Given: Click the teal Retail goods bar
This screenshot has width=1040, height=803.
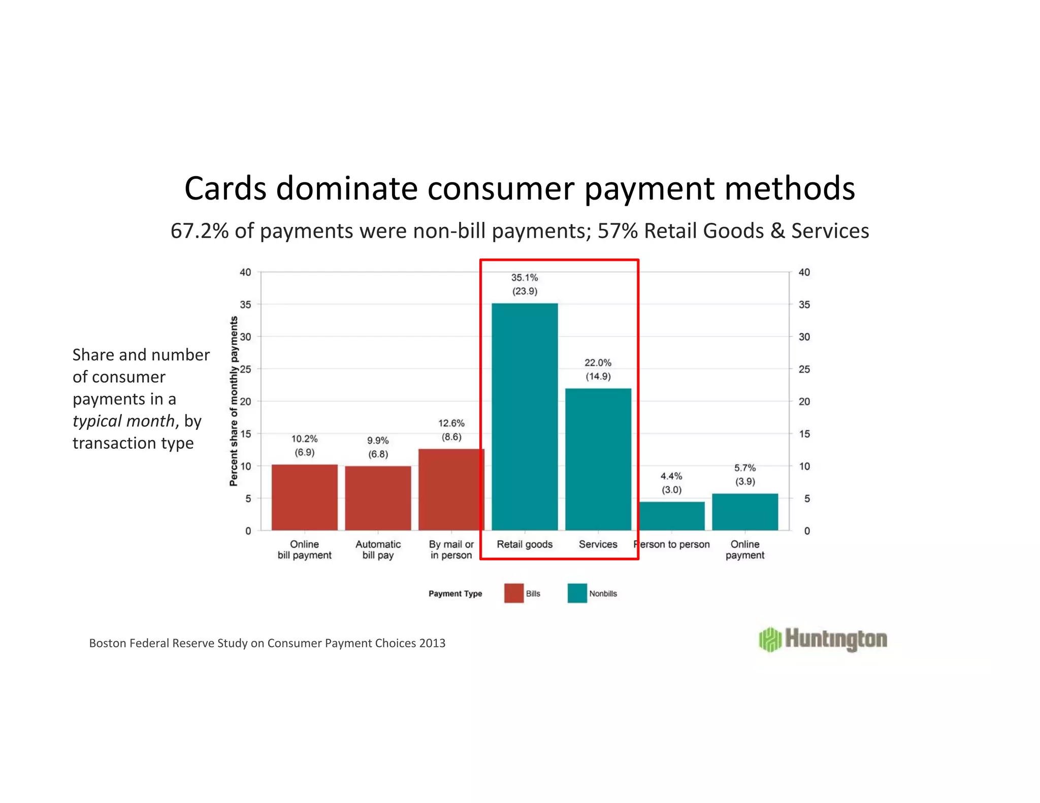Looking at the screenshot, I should point(525,416).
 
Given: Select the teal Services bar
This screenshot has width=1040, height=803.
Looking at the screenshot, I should point(598,459).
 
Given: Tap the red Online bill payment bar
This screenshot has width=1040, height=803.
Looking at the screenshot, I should point(304,497).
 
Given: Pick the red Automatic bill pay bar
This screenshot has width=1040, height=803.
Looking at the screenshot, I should point(378,498).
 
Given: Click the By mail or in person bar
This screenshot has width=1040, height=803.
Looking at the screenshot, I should point(451,489).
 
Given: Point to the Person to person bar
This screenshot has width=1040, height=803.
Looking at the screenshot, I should point(671,516).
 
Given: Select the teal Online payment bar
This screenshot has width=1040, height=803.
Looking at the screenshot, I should point(745,512).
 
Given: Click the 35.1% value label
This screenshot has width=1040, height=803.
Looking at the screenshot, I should point(525,278).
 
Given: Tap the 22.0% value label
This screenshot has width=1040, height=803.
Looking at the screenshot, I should point(598,363).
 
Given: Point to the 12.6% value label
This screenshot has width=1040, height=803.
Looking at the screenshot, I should point(451,423).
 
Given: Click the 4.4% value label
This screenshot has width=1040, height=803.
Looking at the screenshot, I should point(671,476).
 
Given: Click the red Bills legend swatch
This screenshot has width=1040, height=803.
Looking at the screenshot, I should point(513,593).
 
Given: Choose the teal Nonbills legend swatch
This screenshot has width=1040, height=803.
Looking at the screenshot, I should point(577,593).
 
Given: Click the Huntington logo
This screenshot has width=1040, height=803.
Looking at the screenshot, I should point(823,639).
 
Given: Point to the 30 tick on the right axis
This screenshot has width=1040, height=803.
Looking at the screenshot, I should point(804,337).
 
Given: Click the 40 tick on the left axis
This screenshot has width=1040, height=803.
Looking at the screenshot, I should point(245,273).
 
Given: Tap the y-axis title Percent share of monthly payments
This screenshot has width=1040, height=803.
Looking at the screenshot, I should point(234,401).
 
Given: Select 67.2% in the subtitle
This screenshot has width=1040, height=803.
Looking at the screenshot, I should point(200,231).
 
